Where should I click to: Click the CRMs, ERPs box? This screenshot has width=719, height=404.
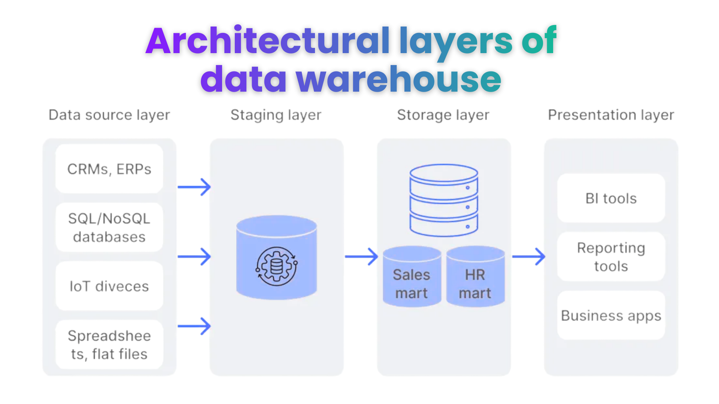coord(109,169)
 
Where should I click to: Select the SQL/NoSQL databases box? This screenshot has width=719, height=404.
coord(109,227)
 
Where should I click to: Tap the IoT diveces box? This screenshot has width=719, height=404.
coord(109,286)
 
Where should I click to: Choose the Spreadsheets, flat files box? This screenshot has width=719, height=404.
coord(109,345)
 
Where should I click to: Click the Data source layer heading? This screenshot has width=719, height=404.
coord(109,115)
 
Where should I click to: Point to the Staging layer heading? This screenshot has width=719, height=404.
coord(276,115)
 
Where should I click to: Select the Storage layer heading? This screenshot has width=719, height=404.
coord(443,115)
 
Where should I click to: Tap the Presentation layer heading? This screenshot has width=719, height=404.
coord(611,115)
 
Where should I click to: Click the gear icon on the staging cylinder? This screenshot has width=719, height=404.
coord(277,266)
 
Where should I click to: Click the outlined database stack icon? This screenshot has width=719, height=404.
coord(444,200)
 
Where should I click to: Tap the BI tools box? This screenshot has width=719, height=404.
coord(611,198)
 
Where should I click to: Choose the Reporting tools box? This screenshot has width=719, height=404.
coord(611,257)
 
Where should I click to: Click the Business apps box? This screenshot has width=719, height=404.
coord(611,315)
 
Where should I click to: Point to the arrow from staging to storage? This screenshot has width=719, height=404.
coord(361,257)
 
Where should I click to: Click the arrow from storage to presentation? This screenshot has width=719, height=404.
coord(528,257)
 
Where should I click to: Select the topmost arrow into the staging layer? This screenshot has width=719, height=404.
coord(194,187)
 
